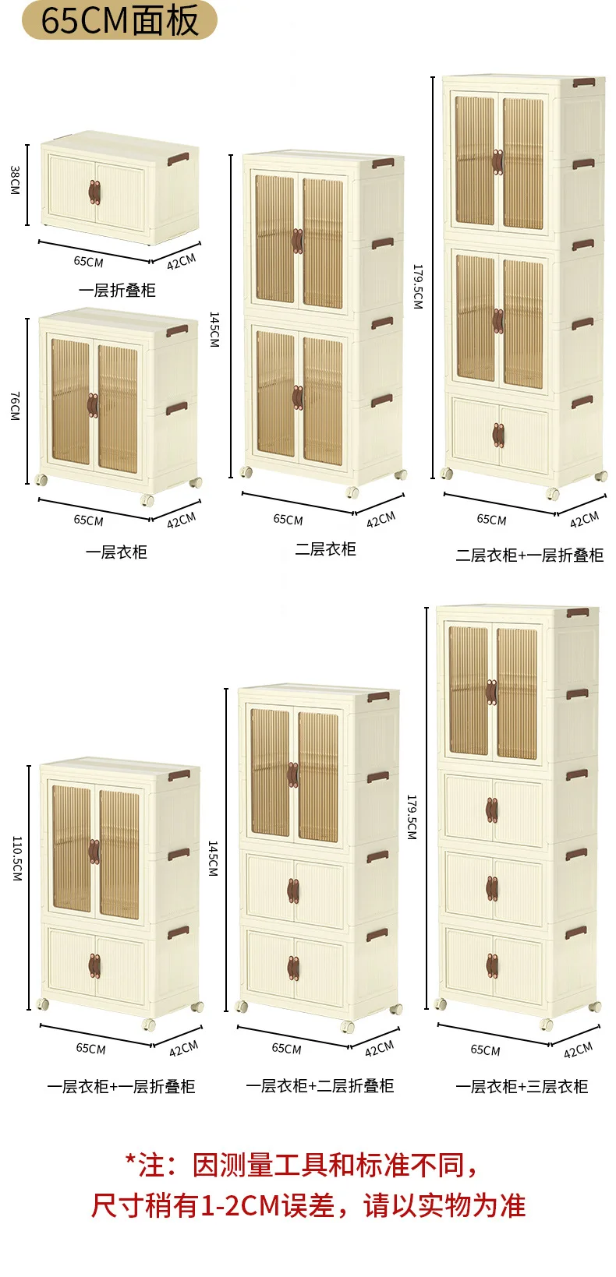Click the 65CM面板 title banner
(x=119, y=20)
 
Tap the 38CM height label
(x=15, y=180)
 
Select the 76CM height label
(x=15, y=405)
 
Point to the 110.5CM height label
(x=16, y=859)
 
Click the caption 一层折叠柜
(x=117, y=290)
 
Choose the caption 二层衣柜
(x=325, y=549)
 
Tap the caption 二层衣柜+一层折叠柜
(x=529, y=555)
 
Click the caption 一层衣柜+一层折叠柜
(x=121, y=1086)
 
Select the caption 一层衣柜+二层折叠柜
(x=320, y=1085)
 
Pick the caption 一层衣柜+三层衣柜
(x=522, y=1086)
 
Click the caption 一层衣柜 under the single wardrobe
(x=116, y=552)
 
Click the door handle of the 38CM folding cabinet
(x=95, y=192)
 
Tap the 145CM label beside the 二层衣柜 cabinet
(x=214, y=329)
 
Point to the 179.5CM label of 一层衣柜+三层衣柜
(x=412, y=817)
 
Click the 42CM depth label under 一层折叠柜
(x=181, y=261)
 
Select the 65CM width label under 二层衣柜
(x=288, y=520)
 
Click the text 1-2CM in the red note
(x=241, y=1206)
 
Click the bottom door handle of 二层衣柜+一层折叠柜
(x=497, y=435)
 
